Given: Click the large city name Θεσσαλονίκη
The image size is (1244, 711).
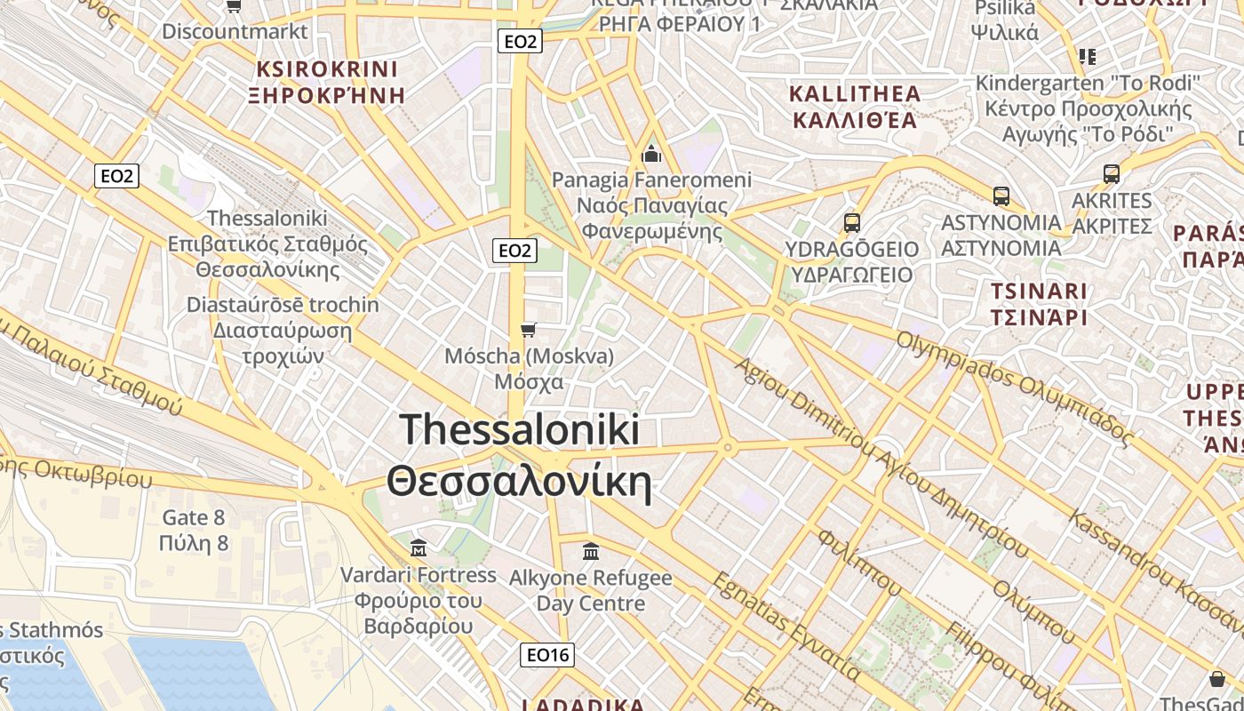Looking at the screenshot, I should [519, 483].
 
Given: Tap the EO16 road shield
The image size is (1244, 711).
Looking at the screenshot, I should [547, 655].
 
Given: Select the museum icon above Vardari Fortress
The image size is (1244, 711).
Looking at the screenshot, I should [419, 547].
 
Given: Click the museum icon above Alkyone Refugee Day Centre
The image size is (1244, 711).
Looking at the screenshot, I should [591, 551].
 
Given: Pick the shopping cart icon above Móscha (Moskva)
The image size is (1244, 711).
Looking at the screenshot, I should [529, 331].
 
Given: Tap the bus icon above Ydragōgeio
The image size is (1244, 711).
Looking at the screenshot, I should [851, 222].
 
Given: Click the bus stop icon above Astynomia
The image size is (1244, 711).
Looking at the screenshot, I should [1001, 196].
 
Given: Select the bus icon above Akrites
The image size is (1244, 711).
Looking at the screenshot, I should [1111, 173].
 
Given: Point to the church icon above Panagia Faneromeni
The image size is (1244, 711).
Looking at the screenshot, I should [651, 154].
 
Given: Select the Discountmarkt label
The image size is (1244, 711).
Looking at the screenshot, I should [235, 31].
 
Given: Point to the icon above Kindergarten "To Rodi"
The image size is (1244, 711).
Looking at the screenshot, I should [1088, 57].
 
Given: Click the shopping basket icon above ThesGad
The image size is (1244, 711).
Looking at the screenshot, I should [1216, 679].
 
